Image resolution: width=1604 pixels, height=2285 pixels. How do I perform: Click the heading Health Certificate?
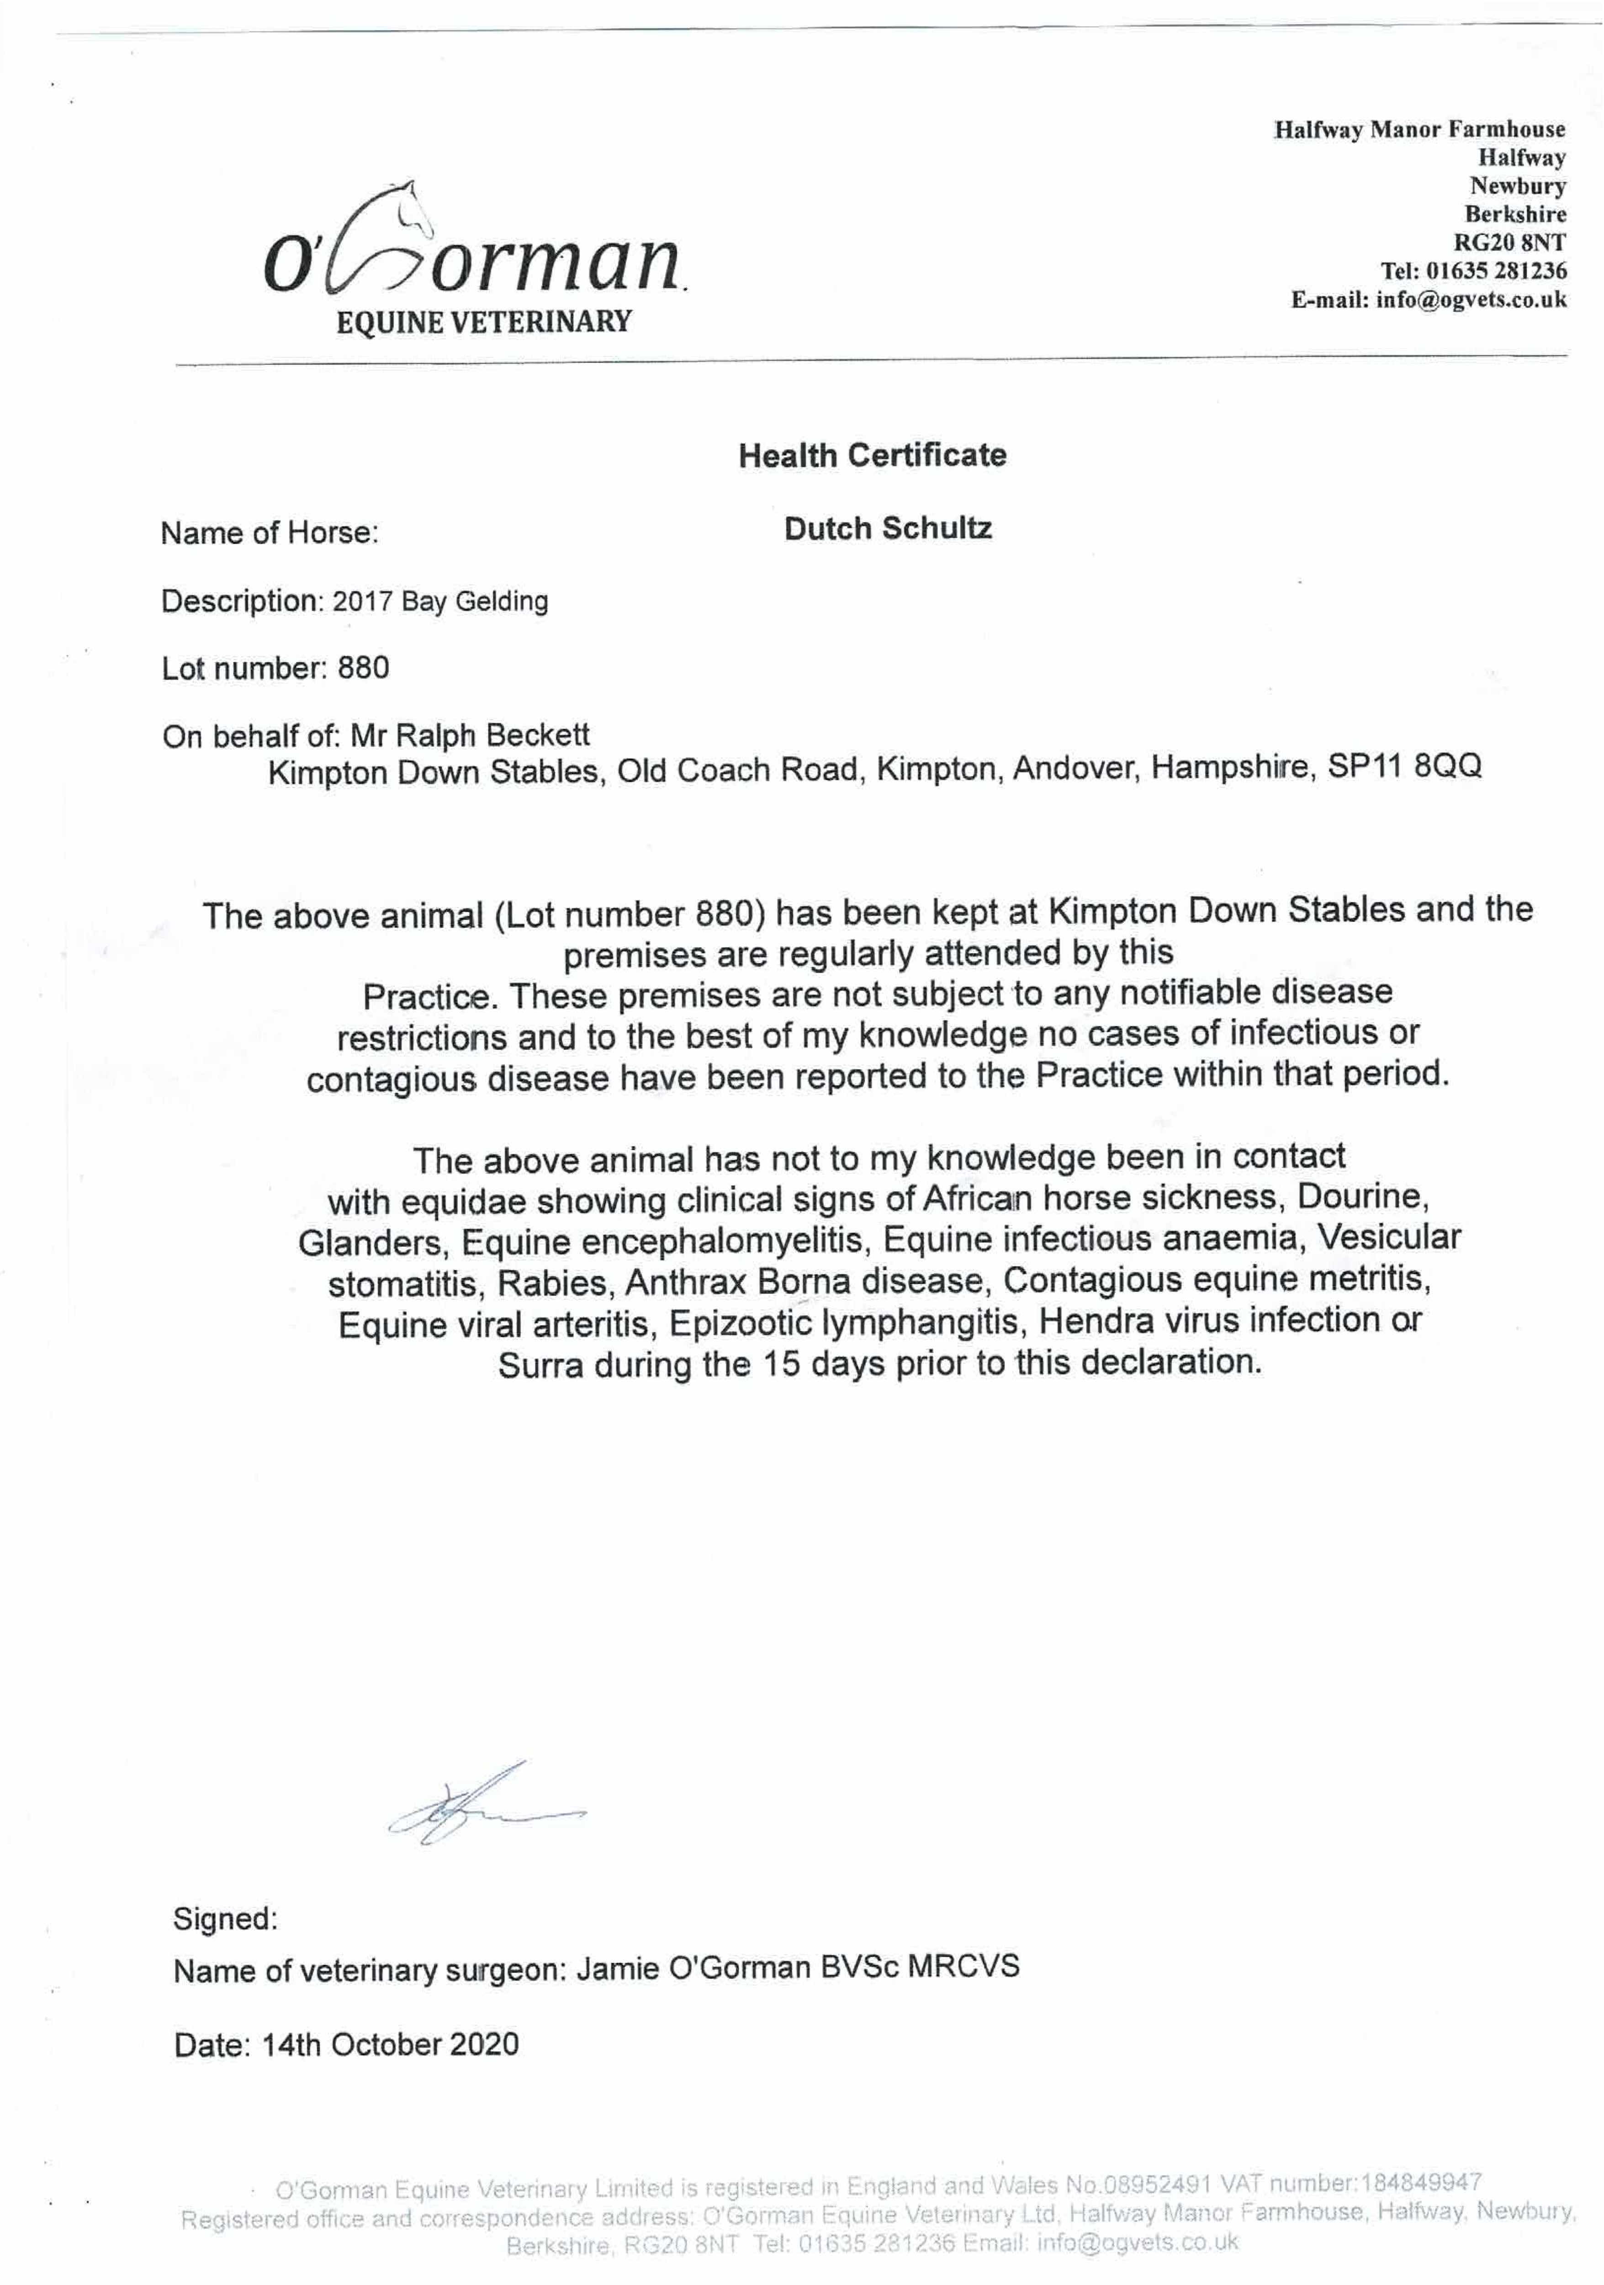pos(872,456)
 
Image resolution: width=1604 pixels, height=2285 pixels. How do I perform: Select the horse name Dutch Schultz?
pos(888,528)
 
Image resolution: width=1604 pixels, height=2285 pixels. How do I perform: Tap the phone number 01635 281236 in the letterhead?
pos(1496,271)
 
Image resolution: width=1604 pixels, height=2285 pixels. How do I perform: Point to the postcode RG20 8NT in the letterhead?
pos(1509,242)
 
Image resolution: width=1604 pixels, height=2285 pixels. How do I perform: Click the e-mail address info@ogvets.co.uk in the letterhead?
pos(1471,299)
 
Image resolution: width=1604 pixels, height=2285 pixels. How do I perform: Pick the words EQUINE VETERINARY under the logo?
pos(484,323)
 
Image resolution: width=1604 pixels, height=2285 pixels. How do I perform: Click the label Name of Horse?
pos(270,533)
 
